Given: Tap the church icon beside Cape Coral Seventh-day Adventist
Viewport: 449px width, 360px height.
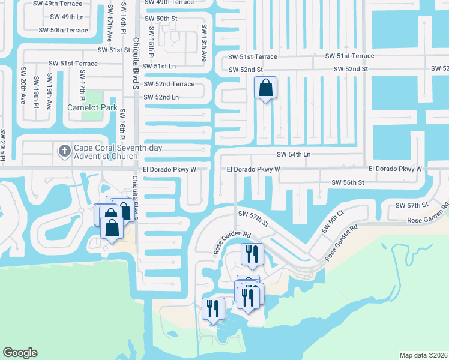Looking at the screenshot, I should point(64,151).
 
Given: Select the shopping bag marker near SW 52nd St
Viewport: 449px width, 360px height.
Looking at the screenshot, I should point(266,89).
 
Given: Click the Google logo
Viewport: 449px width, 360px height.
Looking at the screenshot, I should point(20,352).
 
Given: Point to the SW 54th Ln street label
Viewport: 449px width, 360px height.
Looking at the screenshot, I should point(294,154).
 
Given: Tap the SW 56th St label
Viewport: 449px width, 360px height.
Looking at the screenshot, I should point(348,182).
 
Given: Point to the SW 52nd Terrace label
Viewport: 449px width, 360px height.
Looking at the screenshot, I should point(169,84).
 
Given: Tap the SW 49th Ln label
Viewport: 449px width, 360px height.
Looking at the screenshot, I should point(67,17).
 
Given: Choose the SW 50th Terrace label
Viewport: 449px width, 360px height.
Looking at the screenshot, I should point(63,30).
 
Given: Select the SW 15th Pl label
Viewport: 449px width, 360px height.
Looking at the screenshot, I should point(152,47).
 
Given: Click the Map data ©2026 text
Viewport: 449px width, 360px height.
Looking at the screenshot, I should point(423,355).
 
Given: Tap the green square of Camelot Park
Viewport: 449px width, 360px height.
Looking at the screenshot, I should point(93,97).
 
